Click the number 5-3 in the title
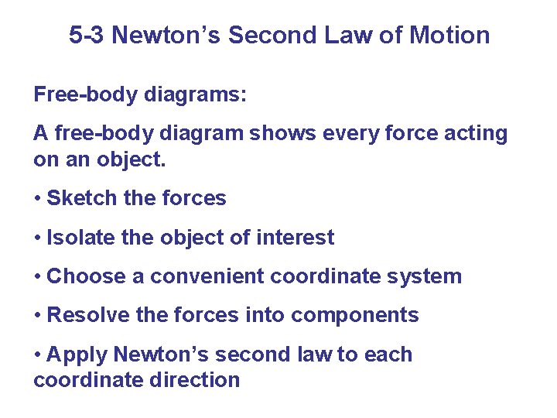pos(87,36)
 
